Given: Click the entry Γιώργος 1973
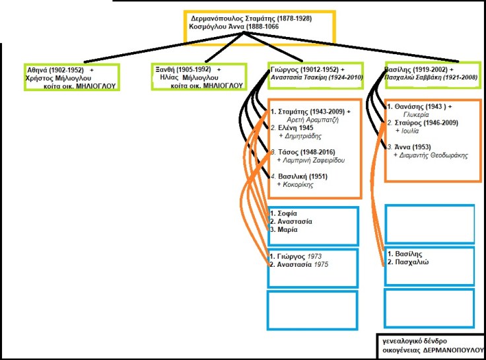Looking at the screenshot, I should coord(299,256).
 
